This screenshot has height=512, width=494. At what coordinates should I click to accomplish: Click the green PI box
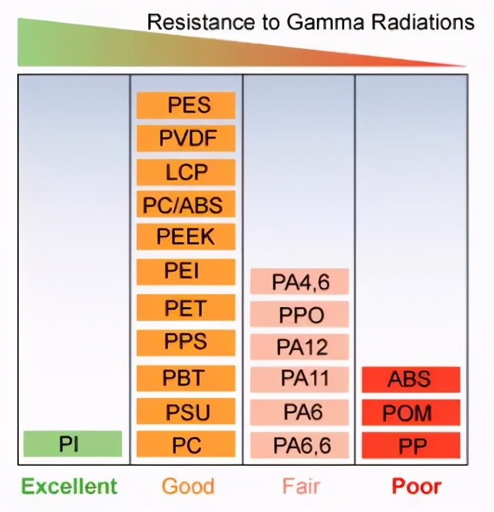point(72,443)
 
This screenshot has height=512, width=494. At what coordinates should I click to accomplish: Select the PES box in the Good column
point(186,106)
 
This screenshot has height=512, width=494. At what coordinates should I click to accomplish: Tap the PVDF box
point(186,138)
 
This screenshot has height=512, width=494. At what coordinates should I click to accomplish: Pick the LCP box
point(186,172)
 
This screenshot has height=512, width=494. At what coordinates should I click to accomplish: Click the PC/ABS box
point(186,205)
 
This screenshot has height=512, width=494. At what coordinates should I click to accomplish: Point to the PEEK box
point(186,237)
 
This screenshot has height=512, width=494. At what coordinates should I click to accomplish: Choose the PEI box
point(186,271)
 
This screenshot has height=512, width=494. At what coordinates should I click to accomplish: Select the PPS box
point(186,342)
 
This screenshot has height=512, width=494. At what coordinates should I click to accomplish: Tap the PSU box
point(186,412)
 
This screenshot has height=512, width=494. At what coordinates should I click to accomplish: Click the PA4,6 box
point(300,282)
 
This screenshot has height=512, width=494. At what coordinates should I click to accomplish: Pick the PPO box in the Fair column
point(300,314)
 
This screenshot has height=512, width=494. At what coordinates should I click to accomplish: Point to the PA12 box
point(300,346)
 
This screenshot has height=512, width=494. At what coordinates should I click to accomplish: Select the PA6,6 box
point(300,444)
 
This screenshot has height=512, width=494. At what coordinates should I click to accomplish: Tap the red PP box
point(411,444)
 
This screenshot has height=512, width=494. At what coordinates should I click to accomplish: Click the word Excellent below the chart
point(69,486)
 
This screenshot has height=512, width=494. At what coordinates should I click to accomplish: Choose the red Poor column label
point(416,486)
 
